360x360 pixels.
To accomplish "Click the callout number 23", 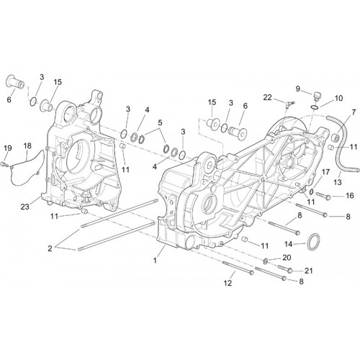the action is [24, 207].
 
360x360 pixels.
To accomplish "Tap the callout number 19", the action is [8, 148].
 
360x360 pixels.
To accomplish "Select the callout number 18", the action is [27, 145].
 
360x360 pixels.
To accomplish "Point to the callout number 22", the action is [268, 97].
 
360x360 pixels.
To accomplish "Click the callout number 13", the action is [338, 182].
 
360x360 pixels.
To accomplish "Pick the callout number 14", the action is [288, 244].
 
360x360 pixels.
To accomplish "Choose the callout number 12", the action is [228, 283].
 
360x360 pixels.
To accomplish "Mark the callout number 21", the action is [309, 271].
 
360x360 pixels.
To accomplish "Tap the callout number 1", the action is [155, 260].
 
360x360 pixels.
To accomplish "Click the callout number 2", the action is [50, 248].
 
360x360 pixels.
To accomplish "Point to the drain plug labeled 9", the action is [318, 96].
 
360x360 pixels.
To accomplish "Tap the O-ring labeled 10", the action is [315, 107].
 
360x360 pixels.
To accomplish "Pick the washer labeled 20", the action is [266, 261].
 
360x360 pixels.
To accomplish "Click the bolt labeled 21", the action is [285, 269].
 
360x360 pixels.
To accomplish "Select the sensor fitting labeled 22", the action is [288, 104].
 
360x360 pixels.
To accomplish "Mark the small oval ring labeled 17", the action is [311, 192].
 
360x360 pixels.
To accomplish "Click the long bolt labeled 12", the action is [238, 268].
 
